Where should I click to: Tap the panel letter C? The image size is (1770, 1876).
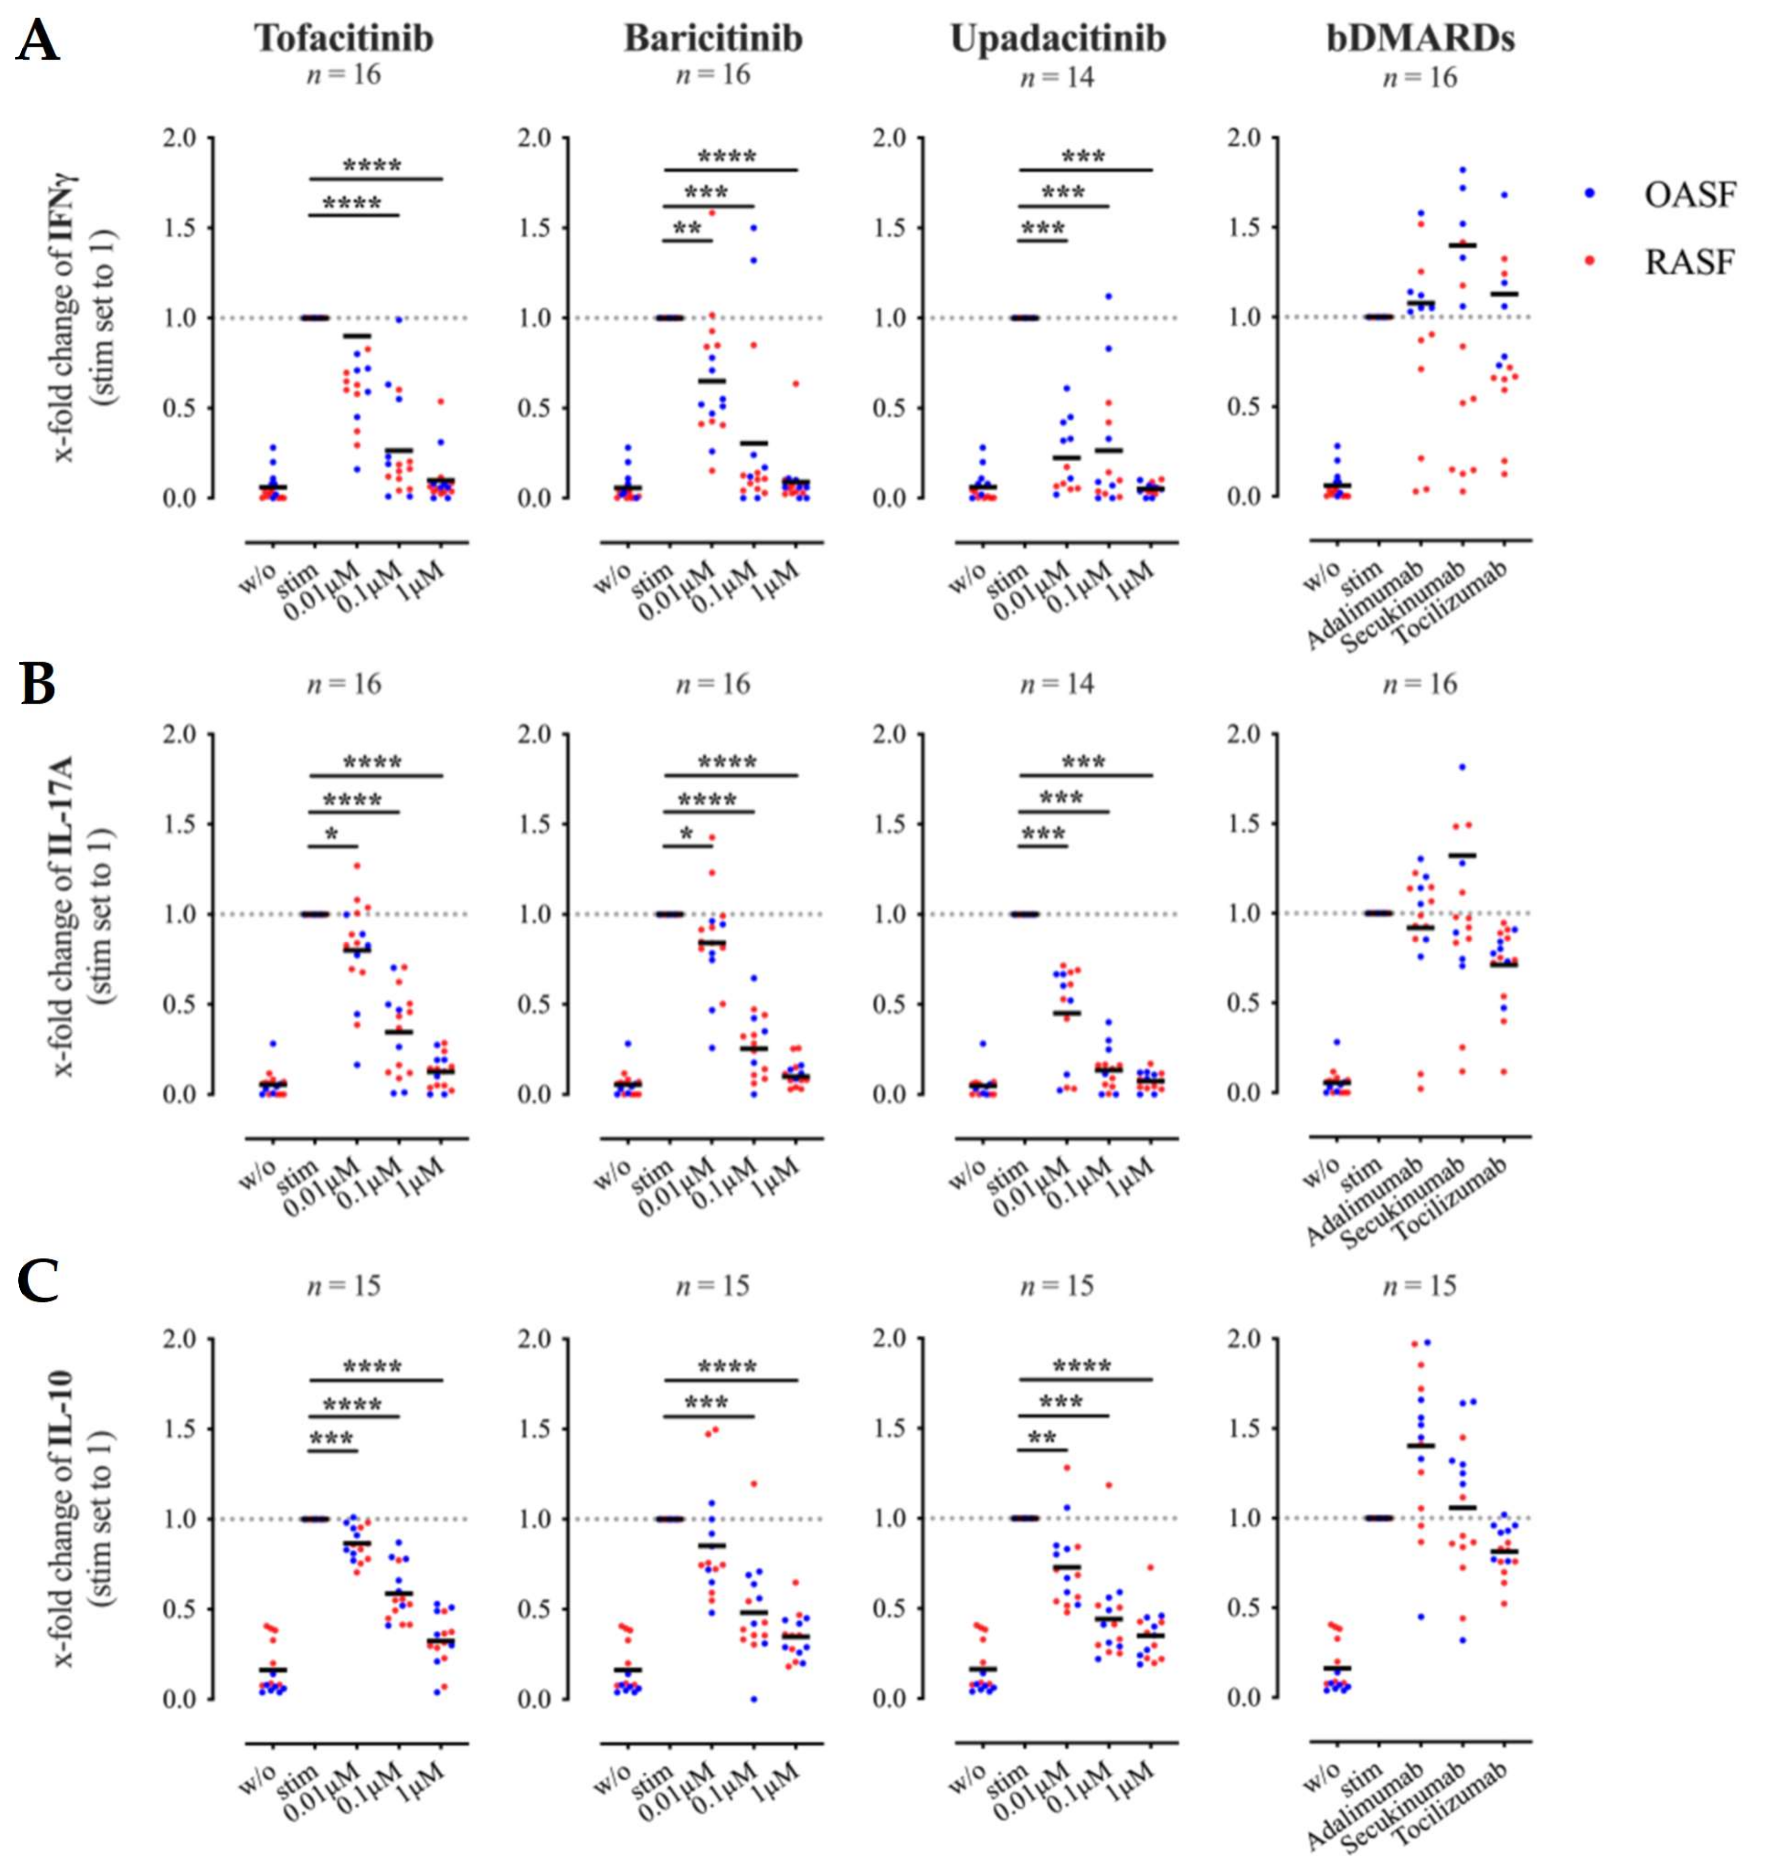pos(38,1280)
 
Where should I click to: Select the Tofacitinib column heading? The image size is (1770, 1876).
pos(344,38)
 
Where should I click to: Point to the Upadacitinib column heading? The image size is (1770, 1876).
pos(1057,38)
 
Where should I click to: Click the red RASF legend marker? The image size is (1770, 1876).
pos(1590,261)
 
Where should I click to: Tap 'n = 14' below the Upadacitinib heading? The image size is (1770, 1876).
pos(1057,77)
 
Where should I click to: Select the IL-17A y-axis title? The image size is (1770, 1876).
pos(85,914)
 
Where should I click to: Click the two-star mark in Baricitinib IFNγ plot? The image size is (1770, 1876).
pos(686,228)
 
